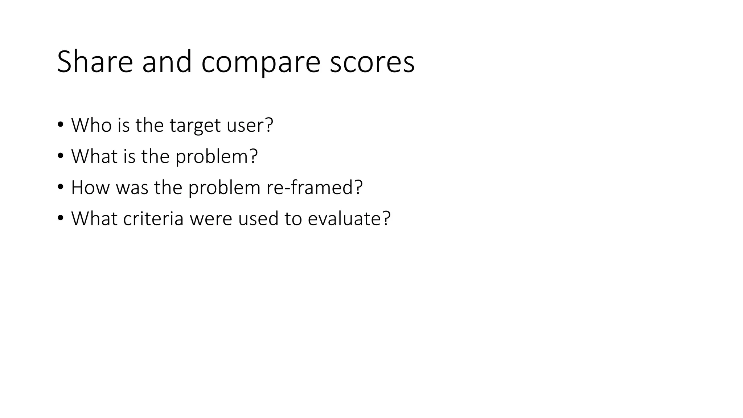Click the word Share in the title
click(95, 62)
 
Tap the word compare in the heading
click(260, 62)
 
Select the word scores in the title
click(372, 62)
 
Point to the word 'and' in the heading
click(167, 62)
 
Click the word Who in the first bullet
click(91, 125)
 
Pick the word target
click(195, 126)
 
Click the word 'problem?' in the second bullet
click(217, 157)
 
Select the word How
click(90, 188)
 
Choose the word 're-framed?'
click(314, 188)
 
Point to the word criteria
click(153, 219)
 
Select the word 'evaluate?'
click(349, 219)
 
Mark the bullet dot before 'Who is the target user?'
click(60, 125)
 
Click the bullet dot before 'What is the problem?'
click(60, 156)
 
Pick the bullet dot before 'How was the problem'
click(60, 188)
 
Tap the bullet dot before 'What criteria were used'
click(60, 219)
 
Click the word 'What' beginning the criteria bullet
click(94, 219)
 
